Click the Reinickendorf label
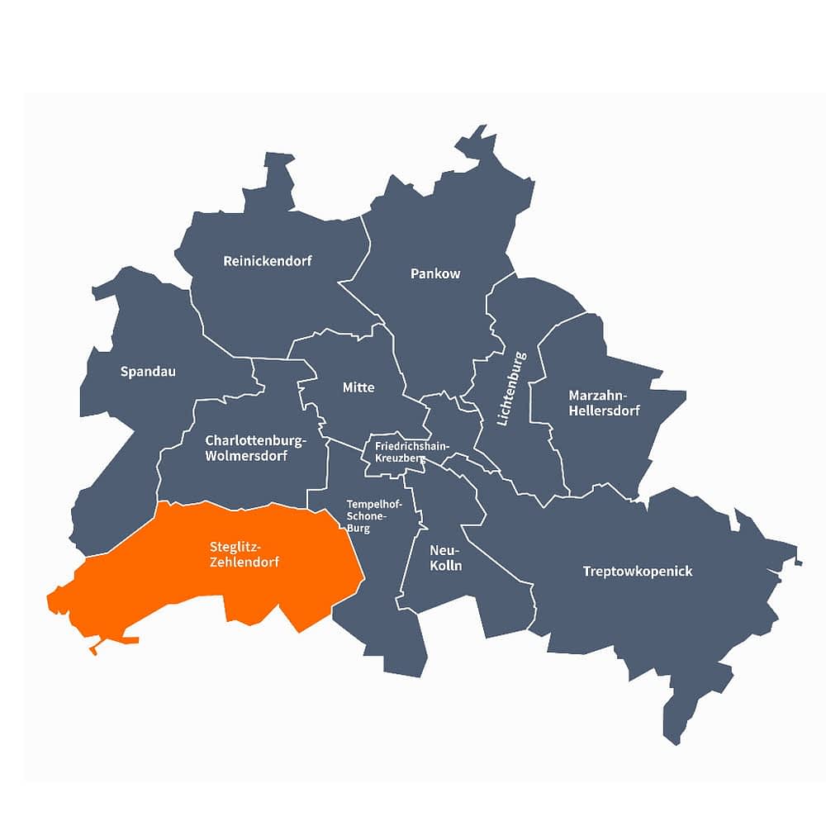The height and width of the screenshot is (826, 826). tap(268, 261)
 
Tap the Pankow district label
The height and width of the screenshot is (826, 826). tap(435, 273)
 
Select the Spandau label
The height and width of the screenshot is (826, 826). tap(148, 372)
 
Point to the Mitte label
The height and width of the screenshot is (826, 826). tap(358, 387)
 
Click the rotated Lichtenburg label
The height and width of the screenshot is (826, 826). tap(511, 388)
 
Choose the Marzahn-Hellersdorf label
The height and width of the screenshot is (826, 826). tap(604, 402)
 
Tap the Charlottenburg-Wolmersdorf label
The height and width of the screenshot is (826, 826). tap(256, 448)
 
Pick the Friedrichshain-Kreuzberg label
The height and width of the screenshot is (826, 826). tap(411, 451)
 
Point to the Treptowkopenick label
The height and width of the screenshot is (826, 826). tap(638, 572)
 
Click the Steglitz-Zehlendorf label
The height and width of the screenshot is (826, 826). tap(244, 553)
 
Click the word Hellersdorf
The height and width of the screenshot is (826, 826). tap(604, 411)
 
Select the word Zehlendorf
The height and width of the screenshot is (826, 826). tap(244, 562)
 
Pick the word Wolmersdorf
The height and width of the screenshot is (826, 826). tap(247, 456)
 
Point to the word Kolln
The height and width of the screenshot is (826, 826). tap(446, 567)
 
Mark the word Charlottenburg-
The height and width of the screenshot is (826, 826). tap(256, 439)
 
